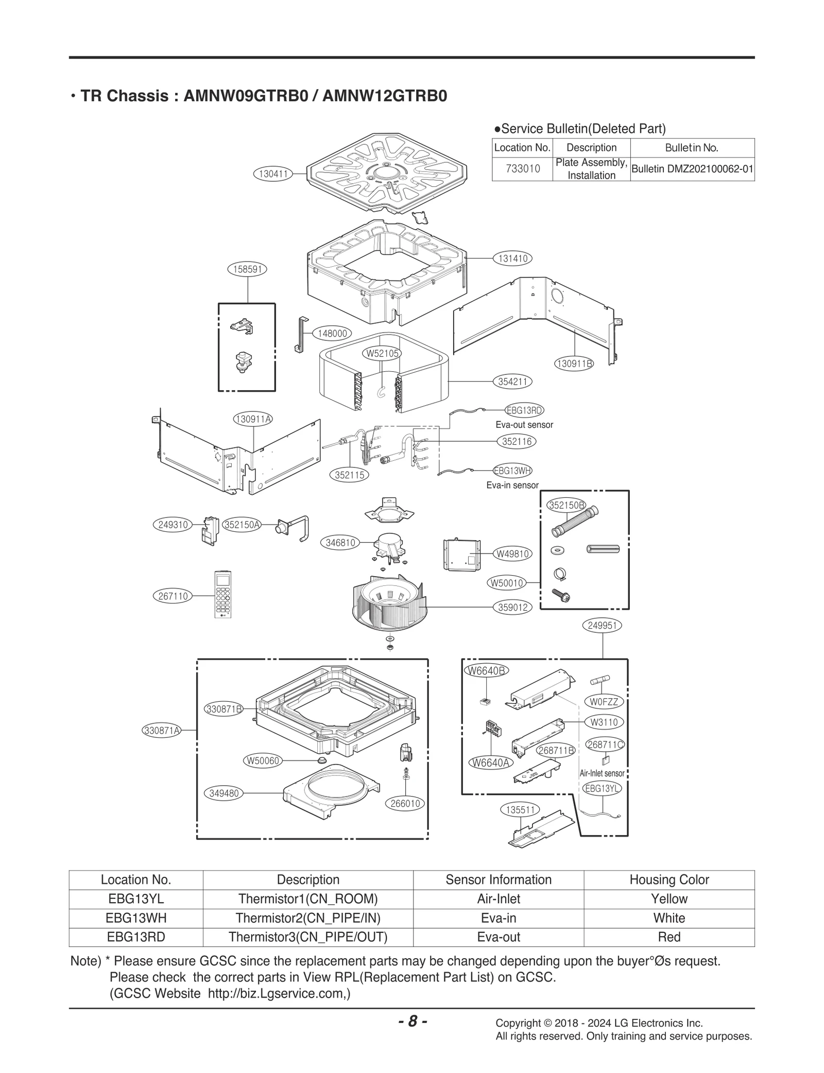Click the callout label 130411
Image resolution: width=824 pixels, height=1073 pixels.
pos(273,174)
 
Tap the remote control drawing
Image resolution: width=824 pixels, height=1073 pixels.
pos(223,594)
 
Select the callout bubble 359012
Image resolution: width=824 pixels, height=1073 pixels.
pos(512,608)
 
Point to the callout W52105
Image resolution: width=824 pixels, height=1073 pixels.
pos(382,353)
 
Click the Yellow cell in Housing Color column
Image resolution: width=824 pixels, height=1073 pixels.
pos(668,899)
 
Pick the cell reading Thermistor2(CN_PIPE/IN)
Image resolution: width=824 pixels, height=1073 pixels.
pos(307,918)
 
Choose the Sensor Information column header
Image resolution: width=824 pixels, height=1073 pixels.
pos(498,879)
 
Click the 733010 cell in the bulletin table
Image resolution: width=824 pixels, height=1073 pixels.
pos(523,169)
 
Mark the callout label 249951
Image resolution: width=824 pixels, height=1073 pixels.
pos(602,626)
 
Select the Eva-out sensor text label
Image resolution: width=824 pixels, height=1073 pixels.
pos(524,425)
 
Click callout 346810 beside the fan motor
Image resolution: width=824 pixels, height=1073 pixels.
pos(340,543)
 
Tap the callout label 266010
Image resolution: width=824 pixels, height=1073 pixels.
pos(405,803)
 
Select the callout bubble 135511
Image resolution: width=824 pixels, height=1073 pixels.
pos(521,810)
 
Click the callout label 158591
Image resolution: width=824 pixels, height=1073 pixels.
pos(247,269)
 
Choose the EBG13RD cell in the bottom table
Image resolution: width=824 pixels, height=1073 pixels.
pos(136,937)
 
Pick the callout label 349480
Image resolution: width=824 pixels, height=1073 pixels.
pos(224,793)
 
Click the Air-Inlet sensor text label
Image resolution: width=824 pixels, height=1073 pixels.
pos(602,773)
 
